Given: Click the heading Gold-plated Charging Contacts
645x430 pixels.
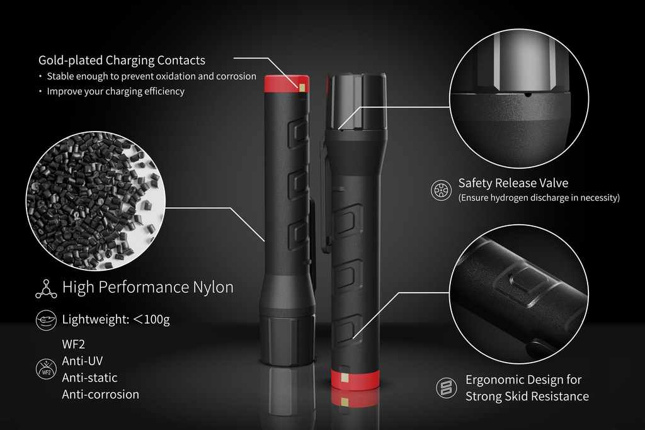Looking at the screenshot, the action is click(x=122, y=60).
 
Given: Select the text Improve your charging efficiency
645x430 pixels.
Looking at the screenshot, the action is click(x=116, y=91).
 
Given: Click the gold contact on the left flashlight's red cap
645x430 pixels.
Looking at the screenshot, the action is click(x=304, y=88).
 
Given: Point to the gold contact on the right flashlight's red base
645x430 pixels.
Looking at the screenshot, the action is click(x=345, y=378).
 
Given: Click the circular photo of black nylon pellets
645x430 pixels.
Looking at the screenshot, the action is click(x=96, y=201).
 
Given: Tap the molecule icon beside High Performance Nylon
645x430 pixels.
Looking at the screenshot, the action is click(x=46, y=288).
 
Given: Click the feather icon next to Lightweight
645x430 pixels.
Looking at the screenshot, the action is click(x=46, y=320).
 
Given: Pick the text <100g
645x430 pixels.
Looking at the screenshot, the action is click(x=151, y=319).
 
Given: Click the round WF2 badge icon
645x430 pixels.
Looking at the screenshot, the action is click(x=46, y=369).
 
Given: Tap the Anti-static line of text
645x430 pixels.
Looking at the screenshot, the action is click(x=89, y=377).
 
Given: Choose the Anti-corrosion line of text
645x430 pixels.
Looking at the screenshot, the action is click(x=100, y=394).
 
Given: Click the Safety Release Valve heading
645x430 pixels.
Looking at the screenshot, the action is click(x=513, y=183).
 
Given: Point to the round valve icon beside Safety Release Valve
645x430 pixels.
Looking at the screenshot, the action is click(x=441, y=190).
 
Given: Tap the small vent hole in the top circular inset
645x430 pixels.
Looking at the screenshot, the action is click(x=528, y=95).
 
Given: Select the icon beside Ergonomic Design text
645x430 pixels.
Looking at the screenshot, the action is click(x=447, y=388).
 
